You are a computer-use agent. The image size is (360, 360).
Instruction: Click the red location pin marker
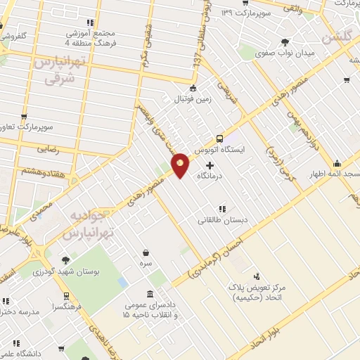tap(181, 165)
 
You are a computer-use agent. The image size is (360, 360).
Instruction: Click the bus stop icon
tap(220, 139)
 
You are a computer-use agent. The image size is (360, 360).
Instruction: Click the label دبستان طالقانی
tap(221, 220)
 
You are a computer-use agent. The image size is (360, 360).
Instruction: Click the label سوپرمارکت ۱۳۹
tap(245, 13)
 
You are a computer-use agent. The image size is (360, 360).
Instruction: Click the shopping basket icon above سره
tap(146, 252)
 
